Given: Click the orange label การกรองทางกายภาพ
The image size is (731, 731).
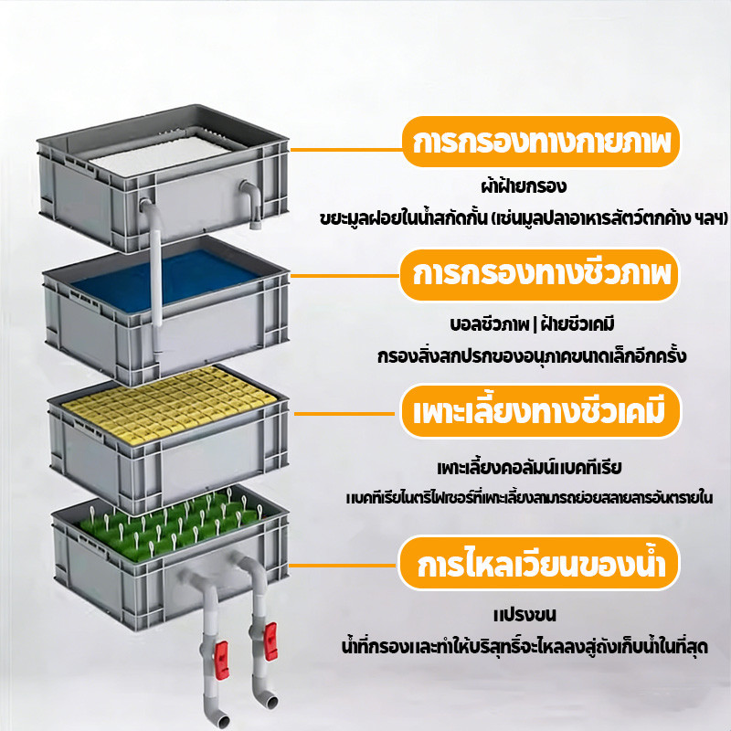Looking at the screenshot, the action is click(541, 142).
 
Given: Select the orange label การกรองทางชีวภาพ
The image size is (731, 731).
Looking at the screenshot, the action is click(539, 275).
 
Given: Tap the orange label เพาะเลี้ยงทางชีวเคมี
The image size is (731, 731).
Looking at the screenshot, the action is click(540, 411).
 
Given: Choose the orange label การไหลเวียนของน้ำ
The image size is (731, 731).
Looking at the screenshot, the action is click(539, 563).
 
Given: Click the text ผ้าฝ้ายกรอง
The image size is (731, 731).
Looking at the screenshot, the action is click(524, 186).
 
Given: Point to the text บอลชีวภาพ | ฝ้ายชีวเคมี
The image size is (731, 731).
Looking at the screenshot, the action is click(532, 324).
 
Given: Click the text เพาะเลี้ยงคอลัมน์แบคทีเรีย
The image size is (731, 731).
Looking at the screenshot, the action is click(530, 467).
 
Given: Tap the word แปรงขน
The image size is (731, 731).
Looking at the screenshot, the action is click(524, 615).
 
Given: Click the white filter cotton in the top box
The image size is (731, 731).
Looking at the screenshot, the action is click(161, 154).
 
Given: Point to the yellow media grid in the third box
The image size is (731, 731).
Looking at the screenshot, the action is click(170, 403).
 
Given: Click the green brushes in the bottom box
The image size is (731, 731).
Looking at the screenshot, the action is click(170, 524).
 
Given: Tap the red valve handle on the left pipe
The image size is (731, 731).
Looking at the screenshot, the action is click(221, 660).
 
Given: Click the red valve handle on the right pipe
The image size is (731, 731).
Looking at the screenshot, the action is click(270, 641).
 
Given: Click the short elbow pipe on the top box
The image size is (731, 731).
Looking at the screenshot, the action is click(252, 203).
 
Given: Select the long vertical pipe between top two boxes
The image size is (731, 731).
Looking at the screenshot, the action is click(156, 280).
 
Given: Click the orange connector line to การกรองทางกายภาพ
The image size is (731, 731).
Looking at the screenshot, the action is click(346, 150).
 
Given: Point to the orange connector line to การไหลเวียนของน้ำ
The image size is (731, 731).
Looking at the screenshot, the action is click(344, 566).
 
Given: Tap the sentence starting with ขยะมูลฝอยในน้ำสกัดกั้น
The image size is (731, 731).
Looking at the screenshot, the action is click(524, 217).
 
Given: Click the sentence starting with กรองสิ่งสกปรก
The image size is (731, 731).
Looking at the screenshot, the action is click(532, 355).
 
